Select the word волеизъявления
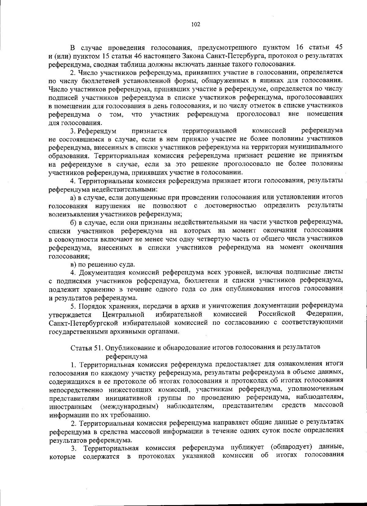(x=70, y=214)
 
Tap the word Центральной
(x=124, y=314)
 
